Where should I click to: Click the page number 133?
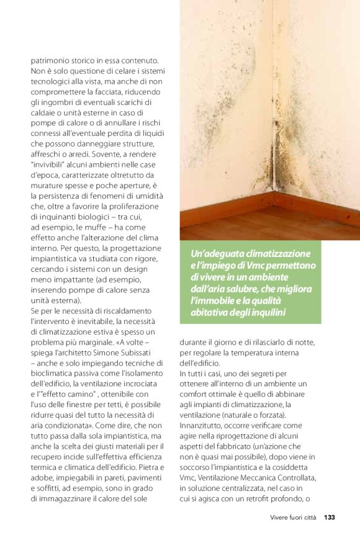[x=330, y=517]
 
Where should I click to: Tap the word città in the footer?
[x=308, y=517]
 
